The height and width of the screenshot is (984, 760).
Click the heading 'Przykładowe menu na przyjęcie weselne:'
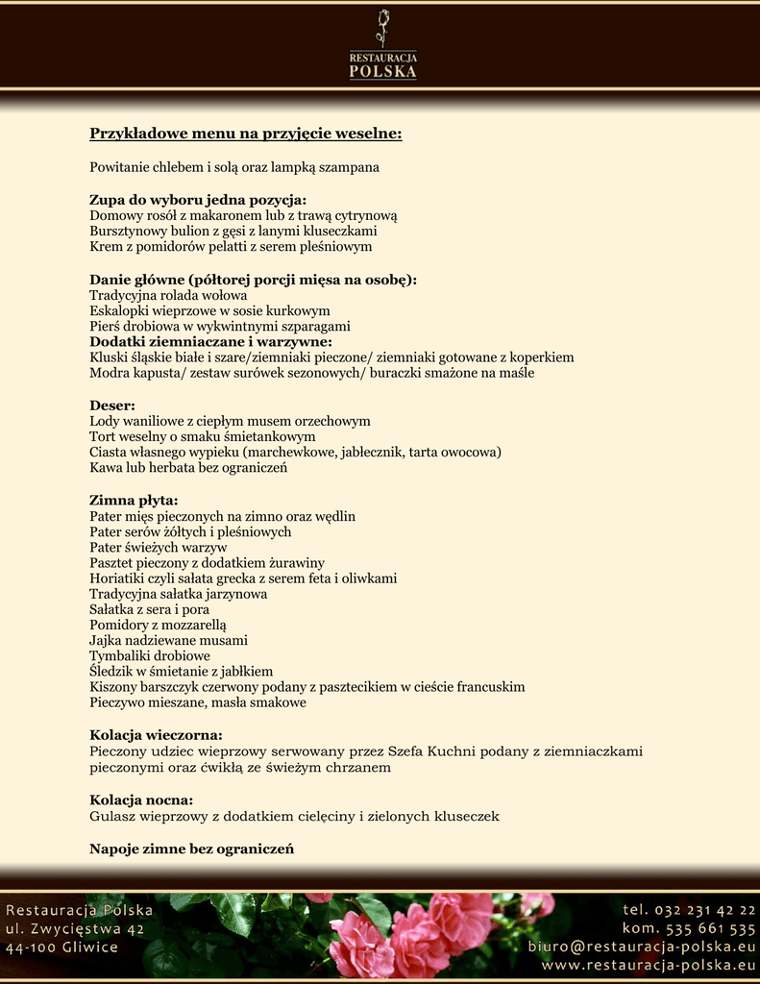245,133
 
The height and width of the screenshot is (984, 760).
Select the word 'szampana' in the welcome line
347,167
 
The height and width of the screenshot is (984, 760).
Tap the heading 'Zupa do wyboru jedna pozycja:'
198,200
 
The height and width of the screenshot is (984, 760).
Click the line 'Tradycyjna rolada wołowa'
168,295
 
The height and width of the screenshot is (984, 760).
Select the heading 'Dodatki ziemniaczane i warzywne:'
210,341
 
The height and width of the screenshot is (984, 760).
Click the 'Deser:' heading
112,405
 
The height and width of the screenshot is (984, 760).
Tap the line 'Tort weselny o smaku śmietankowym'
202,436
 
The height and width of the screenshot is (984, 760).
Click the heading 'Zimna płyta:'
134,500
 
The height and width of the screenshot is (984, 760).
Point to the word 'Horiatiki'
118,578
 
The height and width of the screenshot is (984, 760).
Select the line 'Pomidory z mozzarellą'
158,625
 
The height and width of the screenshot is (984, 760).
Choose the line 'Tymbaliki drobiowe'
150,655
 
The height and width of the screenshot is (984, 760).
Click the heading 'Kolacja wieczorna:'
156,735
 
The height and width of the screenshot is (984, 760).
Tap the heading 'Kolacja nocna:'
141,799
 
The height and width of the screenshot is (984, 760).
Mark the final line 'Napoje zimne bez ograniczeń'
191,849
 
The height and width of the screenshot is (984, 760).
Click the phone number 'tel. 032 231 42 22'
689,910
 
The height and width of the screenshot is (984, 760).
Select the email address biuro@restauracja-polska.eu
642,947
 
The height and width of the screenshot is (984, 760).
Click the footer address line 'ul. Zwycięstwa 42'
75,928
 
